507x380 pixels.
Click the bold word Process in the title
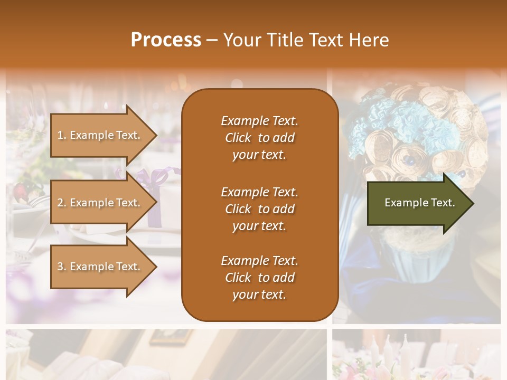[x=166, y=40]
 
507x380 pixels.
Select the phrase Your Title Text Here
[x=306, y=40]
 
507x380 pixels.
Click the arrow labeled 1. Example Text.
[x=100, y=135]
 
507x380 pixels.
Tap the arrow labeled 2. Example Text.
[x=100, y=203]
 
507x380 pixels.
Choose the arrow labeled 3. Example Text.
[x=100, y=267]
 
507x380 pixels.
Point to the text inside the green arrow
[x=419, y=203]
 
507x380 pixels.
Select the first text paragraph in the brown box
[x=259, y=138]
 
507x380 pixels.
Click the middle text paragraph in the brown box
[x=259, y=209]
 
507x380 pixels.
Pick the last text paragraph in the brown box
[x=259, y=278]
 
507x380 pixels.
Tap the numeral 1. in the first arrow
[x=62, y=135]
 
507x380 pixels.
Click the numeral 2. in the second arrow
[x=62, y=203]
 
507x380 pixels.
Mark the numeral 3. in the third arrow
[x=62, y=267]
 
